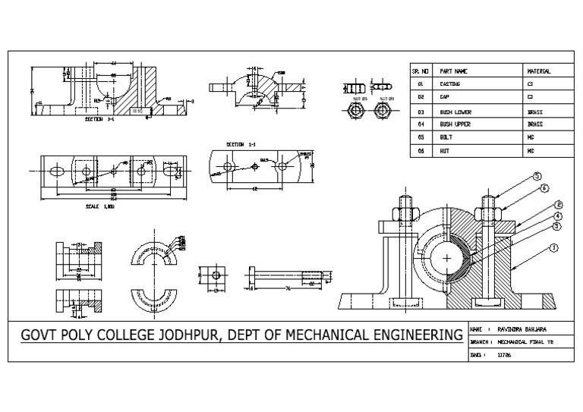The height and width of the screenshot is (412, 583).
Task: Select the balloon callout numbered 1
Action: tap(554, 247)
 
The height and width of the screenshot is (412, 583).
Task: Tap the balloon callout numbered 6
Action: tap(543, 187)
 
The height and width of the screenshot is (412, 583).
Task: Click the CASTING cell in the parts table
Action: tap(451, 83)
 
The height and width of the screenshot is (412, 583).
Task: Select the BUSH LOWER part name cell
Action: tap(455, 111)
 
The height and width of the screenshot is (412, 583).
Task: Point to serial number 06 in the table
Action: tap(420, 151)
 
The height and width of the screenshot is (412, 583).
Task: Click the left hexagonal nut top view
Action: tap(353, 112)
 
